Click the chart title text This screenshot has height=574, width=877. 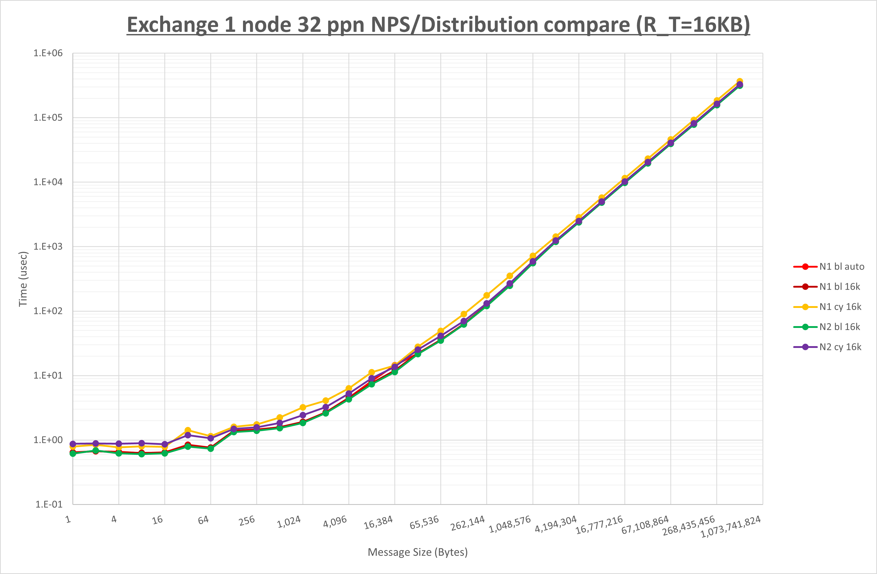438,25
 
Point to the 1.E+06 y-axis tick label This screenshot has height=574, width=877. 48,53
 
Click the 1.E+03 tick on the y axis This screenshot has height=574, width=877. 48,246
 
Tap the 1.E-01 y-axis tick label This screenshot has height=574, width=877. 49,504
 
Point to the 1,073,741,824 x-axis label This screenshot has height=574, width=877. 730,527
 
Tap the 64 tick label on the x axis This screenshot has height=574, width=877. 203,520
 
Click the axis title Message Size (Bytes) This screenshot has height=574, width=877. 417,552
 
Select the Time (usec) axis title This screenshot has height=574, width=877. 23,279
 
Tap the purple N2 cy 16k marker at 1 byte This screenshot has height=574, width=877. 73,444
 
